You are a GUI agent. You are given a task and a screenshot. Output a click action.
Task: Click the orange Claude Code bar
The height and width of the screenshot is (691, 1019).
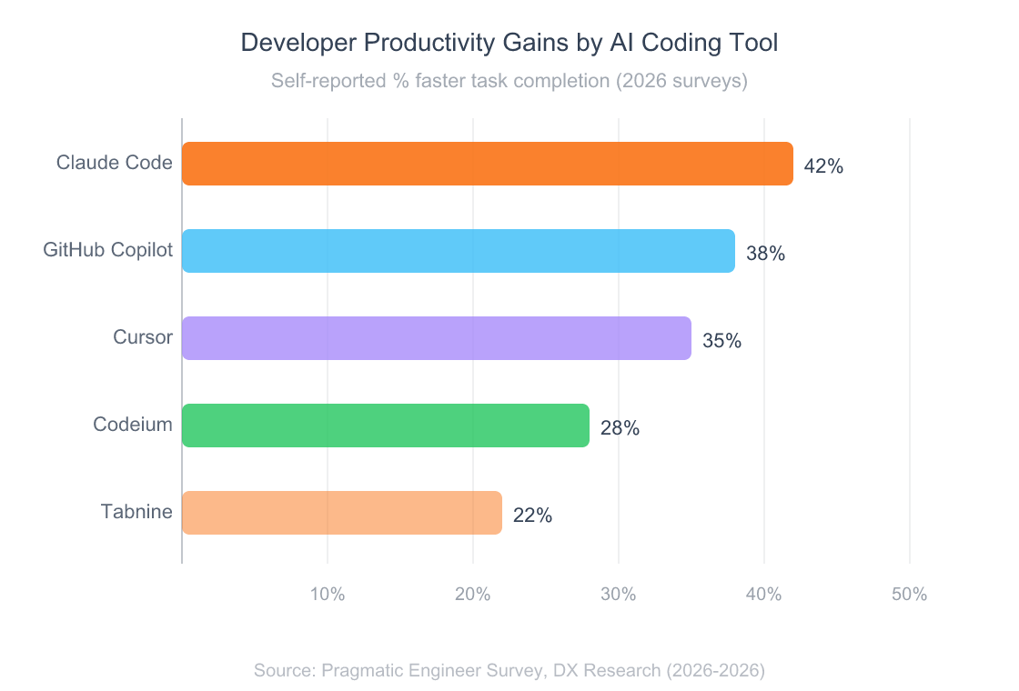pos(488,164)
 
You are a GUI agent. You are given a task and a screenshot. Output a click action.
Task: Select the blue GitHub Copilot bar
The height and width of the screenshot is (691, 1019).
pos(459,251)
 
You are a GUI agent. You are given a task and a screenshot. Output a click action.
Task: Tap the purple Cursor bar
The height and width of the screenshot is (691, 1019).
pos(437,338)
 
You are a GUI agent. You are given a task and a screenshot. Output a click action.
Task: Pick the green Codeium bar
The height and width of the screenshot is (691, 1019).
pos(386,426)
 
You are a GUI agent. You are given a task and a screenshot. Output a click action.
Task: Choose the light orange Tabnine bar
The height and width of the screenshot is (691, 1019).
pos(342,513)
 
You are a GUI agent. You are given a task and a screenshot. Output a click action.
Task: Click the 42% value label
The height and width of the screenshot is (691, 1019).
pos(823,166)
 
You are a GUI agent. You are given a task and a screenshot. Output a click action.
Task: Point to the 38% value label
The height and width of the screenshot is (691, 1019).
pos(765,254)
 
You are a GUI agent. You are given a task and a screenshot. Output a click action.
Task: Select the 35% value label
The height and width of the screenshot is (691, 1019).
pos(721,341)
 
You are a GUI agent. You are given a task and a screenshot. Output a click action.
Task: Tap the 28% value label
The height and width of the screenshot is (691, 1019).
pos(620,428)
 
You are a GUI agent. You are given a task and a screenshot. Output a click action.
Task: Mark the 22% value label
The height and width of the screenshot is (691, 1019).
pos(532,516)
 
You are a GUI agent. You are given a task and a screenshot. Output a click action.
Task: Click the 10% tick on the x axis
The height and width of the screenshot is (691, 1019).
pos(328,595)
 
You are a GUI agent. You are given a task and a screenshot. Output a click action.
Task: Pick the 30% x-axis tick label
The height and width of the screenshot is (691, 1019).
pos(619,595)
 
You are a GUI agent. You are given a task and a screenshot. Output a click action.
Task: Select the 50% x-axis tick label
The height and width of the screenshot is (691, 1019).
pos(909,595)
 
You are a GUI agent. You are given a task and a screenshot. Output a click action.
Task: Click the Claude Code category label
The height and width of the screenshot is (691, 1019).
pos(115,163)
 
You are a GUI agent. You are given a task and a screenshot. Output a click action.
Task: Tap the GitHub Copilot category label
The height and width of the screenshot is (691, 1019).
pos(108,250)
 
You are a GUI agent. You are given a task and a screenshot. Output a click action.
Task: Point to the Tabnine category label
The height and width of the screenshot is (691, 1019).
pos(136,512)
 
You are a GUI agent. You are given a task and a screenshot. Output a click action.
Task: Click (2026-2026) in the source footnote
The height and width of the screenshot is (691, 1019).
pos(715,671)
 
